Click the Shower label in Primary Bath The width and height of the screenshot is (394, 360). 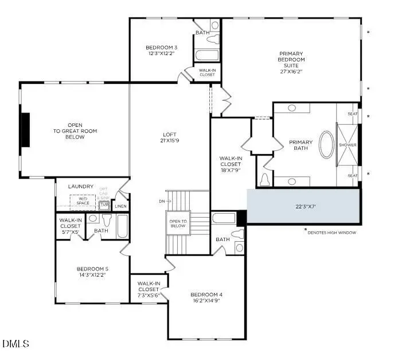(348, 145)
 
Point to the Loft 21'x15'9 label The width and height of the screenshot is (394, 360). (171, 138)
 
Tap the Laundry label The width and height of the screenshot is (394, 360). (80, 187)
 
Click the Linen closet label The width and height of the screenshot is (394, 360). (120, 206)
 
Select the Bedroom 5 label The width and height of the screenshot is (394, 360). (92, 271)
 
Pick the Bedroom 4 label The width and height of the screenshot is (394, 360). (206, 297)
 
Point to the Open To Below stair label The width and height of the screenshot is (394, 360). (177, 223)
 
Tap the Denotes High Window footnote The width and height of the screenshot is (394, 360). (331, 232)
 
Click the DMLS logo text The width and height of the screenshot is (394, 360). (15, 344)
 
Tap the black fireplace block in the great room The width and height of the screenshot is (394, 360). (25, 131)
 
